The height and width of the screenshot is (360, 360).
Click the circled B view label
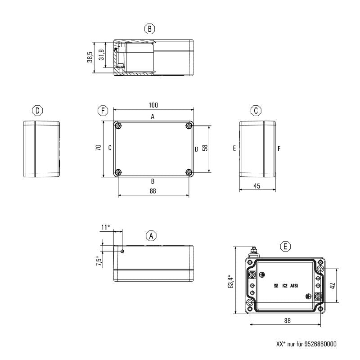150,29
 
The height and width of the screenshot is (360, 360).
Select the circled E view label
285,246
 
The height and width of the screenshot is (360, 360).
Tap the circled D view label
37,110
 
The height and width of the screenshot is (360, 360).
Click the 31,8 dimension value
102,55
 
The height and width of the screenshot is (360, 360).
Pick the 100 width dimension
153,105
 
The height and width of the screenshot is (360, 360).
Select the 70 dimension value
98,148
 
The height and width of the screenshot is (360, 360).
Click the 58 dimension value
205,148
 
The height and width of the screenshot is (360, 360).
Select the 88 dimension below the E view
287,321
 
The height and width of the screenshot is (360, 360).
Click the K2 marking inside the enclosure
285,286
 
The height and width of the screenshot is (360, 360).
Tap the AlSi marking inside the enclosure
294,286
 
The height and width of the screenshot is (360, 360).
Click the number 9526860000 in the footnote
320,344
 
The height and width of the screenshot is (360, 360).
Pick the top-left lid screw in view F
118,126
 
